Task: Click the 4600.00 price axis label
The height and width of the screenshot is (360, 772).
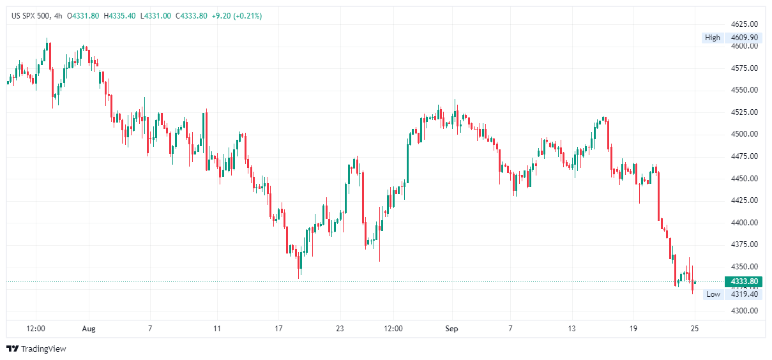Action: click(x=744, y=46)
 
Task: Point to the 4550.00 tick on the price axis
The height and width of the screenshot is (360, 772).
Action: click(x=744, y=90)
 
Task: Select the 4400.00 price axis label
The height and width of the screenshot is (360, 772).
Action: click(x=744, y=223)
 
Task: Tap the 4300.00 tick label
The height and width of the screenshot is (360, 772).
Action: click(x=744, y=311)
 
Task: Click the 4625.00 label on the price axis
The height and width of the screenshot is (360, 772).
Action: click(x=744, y=24)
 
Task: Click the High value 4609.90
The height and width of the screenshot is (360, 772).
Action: click(x=744, y=38)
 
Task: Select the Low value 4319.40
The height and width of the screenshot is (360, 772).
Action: click(x=744, y=294)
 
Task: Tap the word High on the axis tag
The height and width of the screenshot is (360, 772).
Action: click(x=712, y=38)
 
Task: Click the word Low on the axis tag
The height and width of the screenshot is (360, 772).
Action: click(x=713, y=294)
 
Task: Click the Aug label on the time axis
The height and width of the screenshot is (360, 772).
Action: click(x=89, y=329)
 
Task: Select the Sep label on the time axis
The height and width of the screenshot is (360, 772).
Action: click(x=452, y=329)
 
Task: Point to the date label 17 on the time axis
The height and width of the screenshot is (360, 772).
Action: click(x=278, y=329)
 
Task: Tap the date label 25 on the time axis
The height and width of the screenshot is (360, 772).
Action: click(x=695, y=329)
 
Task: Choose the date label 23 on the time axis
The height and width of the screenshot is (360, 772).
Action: click(x=340, y=329)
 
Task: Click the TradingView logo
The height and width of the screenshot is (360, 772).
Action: click(x=36, y=349)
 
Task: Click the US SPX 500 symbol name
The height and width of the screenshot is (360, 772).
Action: click(x=32, y=15)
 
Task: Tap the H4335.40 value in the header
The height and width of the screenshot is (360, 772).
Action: click(x=118, y=15)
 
